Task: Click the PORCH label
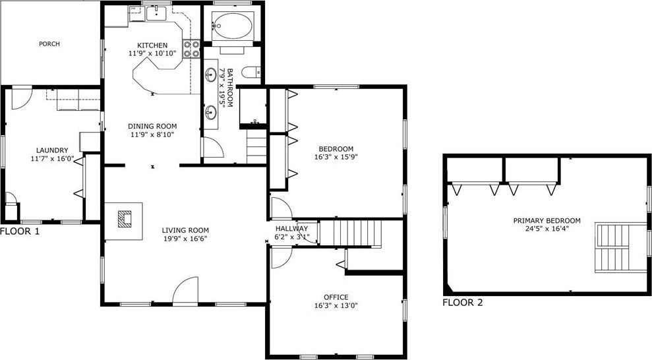point(49,44)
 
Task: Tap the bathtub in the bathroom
point(232,26)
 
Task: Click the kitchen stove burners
point(191,48)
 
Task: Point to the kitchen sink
point(156,13)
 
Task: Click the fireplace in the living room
point(125,219)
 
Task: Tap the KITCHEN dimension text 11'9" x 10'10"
point(152,53)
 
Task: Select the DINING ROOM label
point(152,126)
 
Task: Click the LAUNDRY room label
point(52,150)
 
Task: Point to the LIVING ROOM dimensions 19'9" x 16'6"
point(185,238)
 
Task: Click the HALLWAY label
point(291,228)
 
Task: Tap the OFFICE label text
point(336,297)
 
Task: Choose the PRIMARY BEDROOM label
point(547,220)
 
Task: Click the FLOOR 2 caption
point(463,303)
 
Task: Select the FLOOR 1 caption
point(20,231)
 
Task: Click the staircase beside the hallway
point(351,233)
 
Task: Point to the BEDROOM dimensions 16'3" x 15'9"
point(336,157)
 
